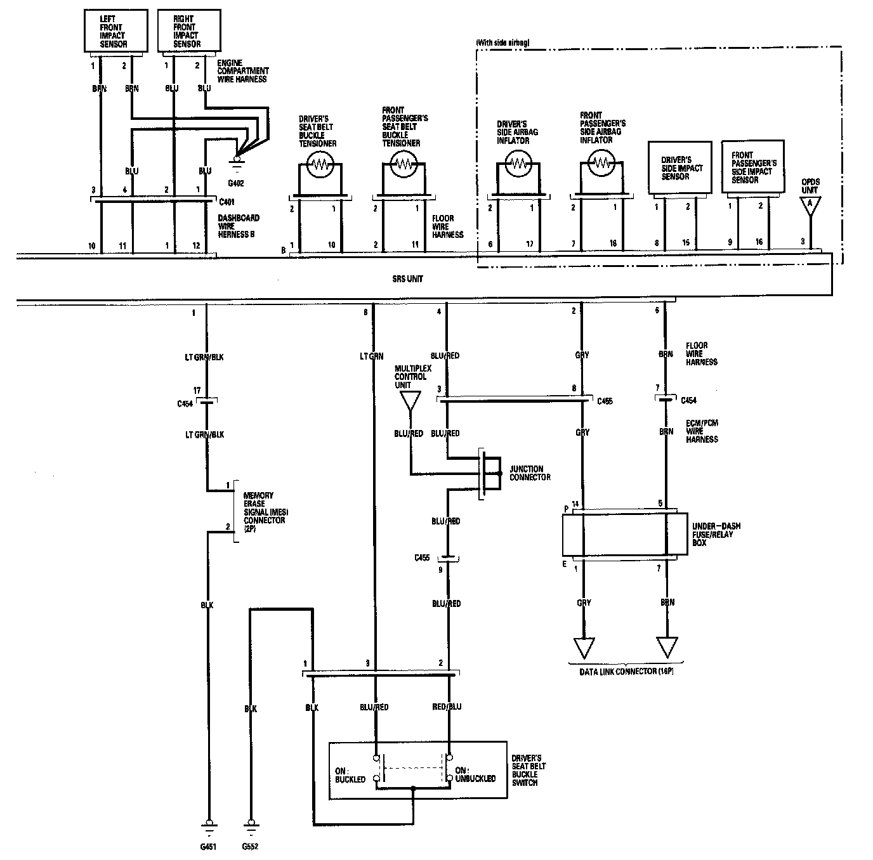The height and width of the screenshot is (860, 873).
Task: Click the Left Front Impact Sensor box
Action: [117, 30]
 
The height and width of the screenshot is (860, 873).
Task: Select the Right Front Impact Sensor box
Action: [188, 30]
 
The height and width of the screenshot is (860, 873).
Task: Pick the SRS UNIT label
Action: [408, 279]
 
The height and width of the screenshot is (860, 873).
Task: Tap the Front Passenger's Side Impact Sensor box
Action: [752, 167]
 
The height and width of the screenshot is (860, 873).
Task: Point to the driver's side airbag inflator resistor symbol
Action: [518, 163]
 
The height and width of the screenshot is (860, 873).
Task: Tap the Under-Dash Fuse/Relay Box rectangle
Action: [625, 534]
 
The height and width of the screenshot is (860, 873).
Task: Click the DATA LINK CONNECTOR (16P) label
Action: [626, 671]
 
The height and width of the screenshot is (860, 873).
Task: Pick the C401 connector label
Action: [226, 203]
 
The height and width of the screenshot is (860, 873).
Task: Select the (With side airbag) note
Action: [502, 42]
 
